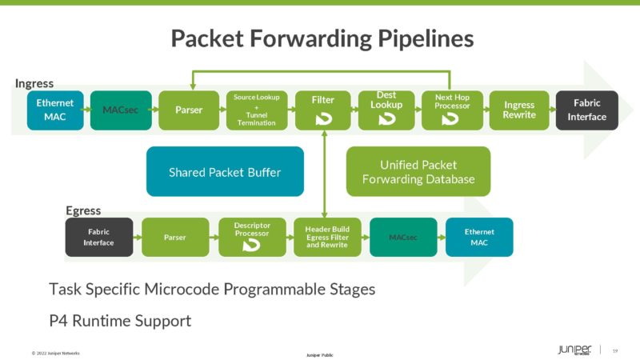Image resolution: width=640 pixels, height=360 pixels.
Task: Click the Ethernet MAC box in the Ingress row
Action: [54, 110]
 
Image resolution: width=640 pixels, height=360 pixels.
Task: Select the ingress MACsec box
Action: [120, 110]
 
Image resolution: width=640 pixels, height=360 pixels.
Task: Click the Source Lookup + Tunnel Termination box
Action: [256, 110]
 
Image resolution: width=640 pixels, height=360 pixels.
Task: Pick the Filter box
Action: [322, 110]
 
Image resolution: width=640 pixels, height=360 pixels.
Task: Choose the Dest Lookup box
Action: [386, 110]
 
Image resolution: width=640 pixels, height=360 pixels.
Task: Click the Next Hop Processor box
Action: [452, 110]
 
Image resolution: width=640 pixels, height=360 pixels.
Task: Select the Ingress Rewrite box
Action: [519, 110]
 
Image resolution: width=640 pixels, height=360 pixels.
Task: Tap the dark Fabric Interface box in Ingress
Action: [587, 110]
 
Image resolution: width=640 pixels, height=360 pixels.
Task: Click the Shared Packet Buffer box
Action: [225, 172]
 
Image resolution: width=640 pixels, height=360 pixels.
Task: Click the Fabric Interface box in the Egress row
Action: [99, 238]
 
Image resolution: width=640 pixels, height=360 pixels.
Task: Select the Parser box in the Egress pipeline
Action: [175, 238]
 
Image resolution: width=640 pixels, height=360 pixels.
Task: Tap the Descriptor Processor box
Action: [252, 238]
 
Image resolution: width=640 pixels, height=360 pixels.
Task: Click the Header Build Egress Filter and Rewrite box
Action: [327, 238]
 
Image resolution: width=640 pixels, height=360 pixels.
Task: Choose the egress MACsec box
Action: [403, 238]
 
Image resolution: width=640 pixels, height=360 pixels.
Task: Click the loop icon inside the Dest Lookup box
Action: [386, 119]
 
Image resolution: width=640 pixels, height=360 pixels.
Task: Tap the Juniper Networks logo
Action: [574, 350]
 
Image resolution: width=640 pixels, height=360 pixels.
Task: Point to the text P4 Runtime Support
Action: [120, 321]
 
